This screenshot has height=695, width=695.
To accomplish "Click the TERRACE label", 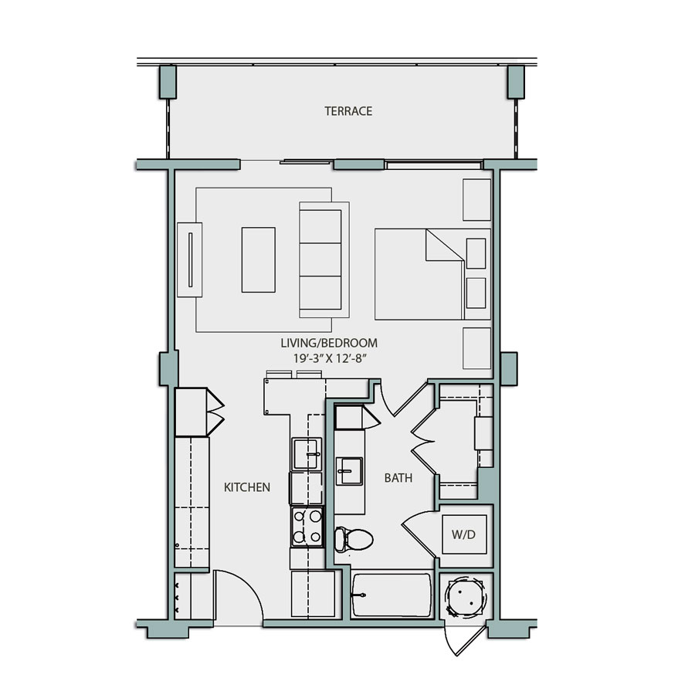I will [x=348, y=111].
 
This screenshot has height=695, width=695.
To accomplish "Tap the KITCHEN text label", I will [x=247, y=487].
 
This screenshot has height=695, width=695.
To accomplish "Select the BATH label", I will [x=398, y=478].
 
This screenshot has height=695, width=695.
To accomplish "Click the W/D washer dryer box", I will [x=464, y=534].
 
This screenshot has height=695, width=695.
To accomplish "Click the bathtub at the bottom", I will [x=392, y=595].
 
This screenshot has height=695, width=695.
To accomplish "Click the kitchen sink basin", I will [x=307, y=453].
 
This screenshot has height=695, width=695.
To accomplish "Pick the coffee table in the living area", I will [x=258, y=259].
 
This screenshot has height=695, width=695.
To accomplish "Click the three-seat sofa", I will [x=324, y=259].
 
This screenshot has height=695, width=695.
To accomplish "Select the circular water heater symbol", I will [x=466, y=597].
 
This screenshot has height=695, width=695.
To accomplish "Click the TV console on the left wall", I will [x=189, y=259].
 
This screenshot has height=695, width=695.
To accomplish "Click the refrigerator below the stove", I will [x=313, y=594].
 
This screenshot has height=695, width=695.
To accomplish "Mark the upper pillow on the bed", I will [x=476, y=253].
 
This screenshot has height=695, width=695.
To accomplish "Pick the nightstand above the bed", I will [x=476, y=200].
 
